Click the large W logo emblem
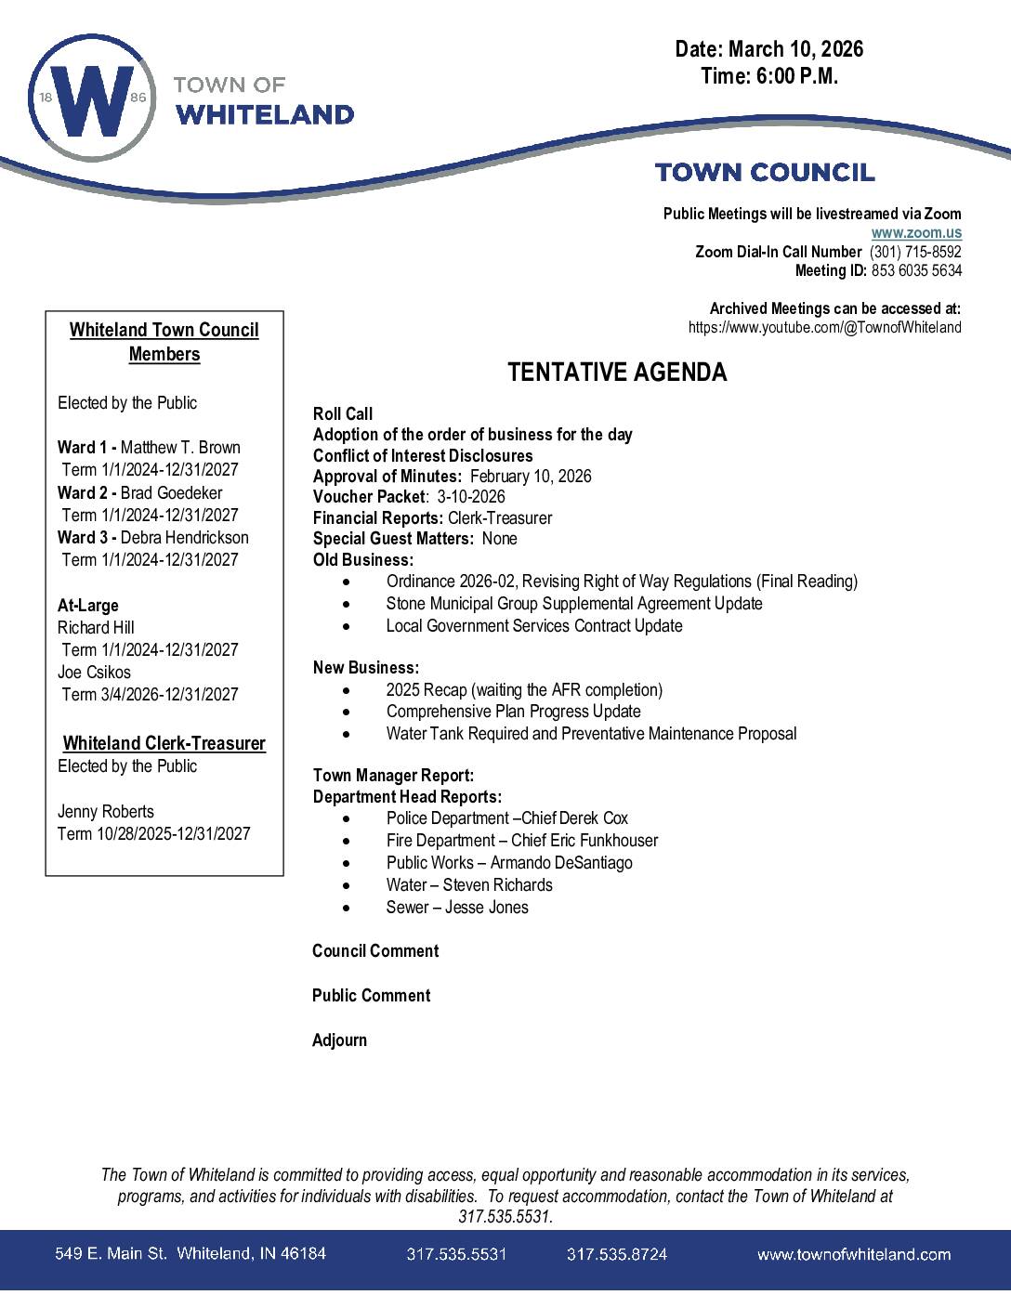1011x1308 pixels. pos(92,99)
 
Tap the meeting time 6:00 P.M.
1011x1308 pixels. pos(797,76)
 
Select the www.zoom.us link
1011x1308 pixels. pos(915,233)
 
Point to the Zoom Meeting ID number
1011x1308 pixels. pos(916,270)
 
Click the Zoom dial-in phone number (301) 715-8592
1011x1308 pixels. pos(914,252)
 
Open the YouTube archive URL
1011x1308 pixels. pos(824,327)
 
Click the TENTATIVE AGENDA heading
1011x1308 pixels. pos(617,373)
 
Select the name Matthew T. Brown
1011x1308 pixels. pos(180,448)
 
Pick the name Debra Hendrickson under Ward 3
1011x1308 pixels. pos(184,538)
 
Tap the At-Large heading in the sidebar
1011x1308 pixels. pos(88,606)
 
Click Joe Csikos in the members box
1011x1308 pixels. pos(94,672)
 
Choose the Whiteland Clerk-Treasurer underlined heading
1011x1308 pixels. pos(164,743)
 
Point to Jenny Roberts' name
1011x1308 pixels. pos(106,811)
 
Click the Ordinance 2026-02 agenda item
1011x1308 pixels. pos(621,582)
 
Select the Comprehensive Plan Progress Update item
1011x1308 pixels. pos(513,712)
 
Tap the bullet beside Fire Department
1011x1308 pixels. pos(347,841)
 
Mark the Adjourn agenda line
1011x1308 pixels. pos(339,1040)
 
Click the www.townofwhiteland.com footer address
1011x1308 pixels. pos(853,1254)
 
